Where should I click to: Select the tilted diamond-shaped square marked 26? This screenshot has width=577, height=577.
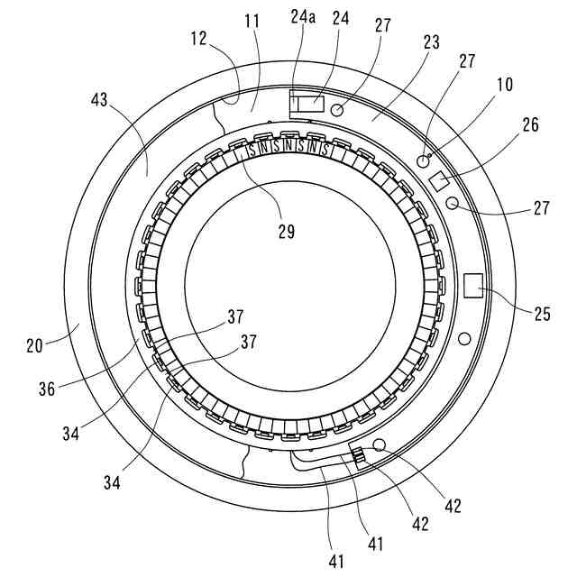click(x=440, y=180)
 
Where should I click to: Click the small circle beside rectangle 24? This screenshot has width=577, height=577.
click(x=338, y=110)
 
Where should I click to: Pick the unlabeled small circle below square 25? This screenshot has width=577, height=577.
click(x=464, y=339)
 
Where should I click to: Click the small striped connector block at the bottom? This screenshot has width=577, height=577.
click(x=359, y=457)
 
